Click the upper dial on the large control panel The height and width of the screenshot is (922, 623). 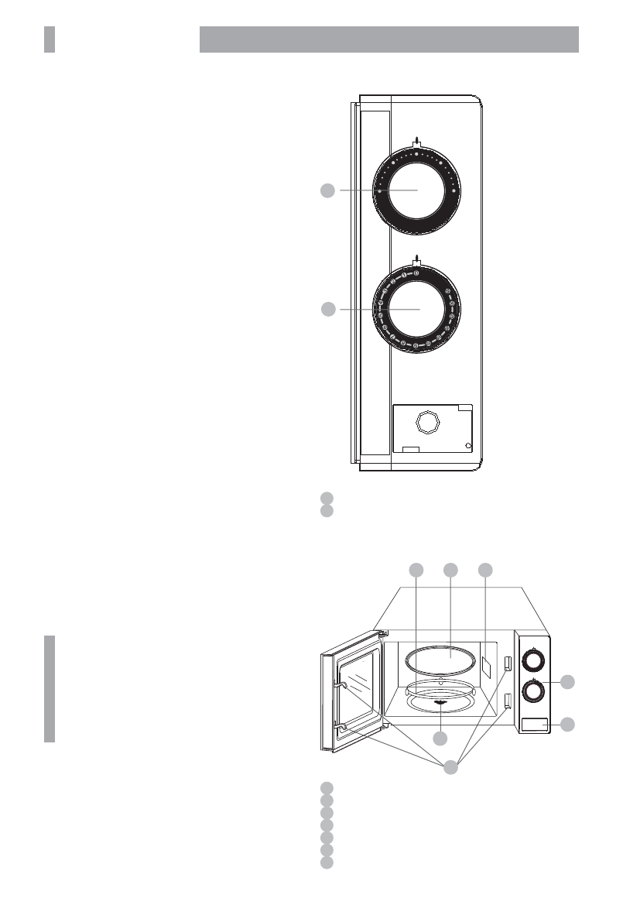418,190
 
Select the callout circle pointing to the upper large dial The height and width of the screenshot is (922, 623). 328,190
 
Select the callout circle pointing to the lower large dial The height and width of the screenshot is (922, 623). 328,310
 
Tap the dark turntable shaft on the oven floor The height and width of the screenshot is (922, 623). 441,703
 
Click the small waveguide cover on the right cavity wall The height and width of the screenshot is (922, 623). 485,663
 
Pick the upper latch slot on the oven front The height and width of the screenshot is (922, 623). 508,663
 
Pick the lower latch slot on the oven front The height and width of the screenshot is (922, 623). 508,701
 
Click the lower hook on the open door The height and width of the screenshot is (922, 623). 338,725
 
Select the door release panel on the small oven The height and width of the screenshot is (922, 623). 534,725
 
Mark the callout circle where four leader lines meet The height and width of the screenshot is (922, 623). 451,768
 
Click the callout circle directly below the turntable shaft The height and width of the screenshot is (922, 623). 441,739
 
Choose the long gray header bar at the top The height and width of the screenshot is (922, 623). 389,39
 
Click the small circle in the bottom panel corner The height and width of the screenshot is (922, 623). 467,446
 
